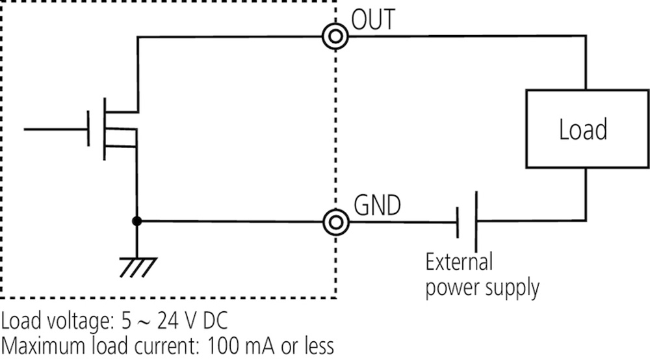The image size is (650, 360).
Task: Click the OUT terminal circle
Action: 335,38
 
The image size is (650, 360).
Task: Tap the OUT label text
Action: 372,20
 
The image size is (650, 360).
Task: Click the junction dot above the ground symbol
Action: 137,222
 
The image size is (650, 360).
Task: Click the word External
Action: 459,263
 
